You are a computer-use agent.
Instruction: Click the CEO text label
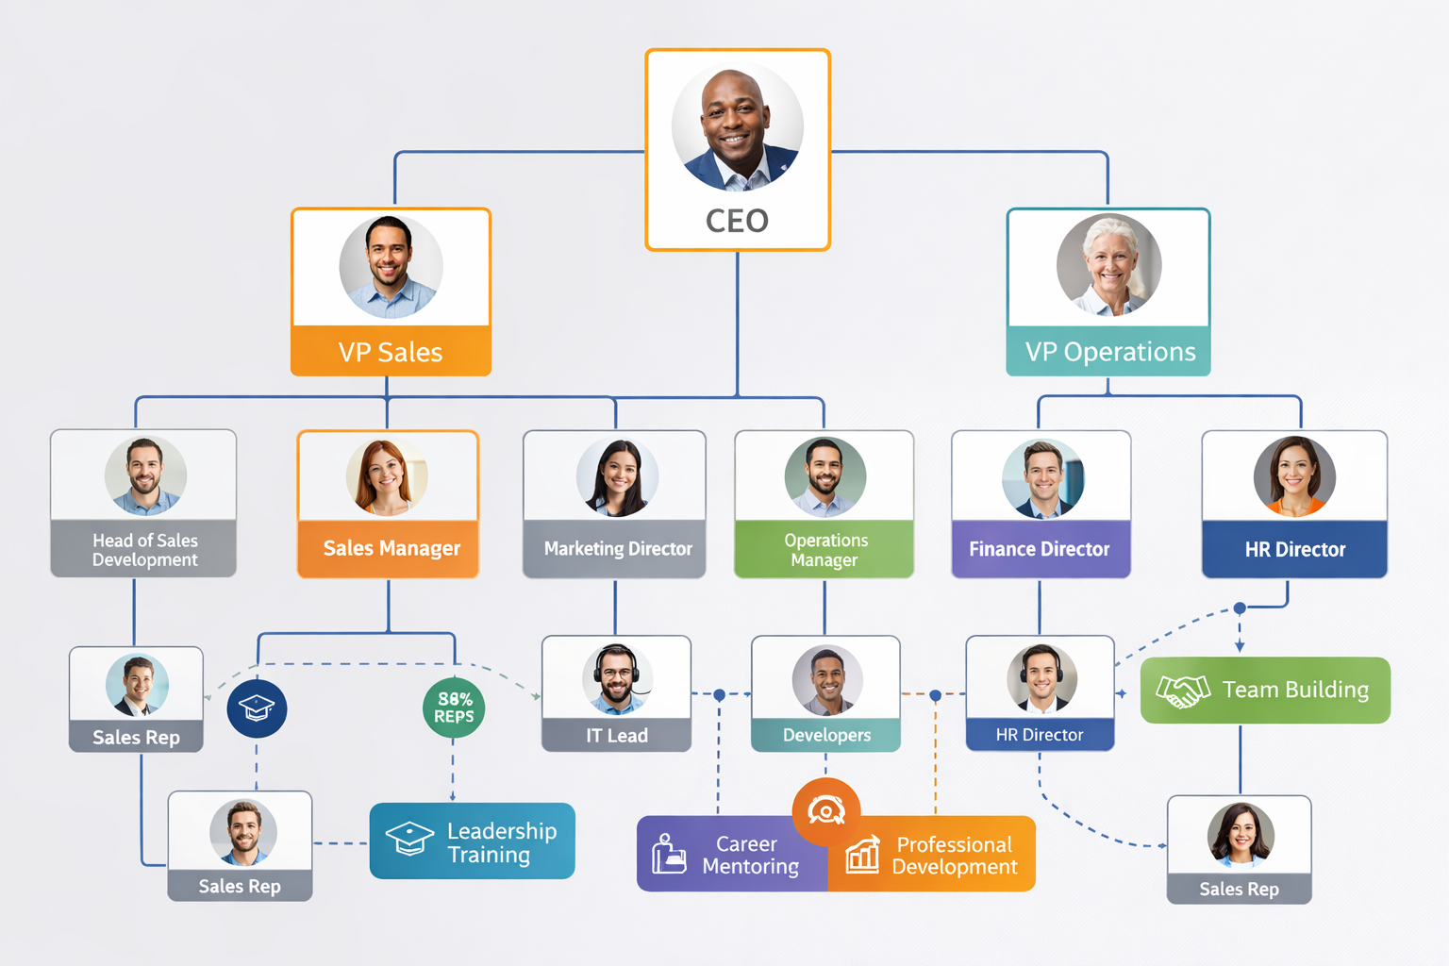coord(737,221)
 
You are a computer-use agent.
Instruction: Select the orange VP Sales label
coord(391,352)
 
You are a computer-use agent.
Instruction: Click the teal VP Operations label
coord(1109,352)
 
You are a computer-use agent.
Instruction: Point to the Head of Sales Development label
coord(144,549)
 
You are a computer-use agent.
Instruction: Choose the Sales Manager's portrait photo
coord(387,476)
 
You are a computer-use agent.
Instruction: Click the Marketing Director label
coord(617,549)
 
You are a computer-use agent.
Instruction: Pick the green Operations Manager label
coord(824,549)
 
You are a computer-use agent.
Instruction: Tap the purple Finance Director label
coord(1040,549)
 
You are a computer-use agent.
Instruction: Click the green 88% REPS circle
coord(454,708)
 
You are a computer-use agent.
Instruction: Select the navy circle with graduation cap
coord(257,708)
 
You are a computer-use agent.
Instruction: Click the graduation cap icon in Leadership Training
coord(409,839)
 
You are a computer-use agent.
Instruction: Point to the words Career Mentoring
coord(749,855)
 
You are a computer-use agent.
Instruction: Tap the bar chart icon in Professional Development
coord(862,854)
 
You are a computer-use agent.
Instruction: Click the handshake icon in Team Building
coord(1183,691)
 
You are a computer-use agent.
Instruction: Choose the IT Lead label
coord(617,736)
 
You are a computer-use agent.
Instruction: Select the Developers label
coord(826,736)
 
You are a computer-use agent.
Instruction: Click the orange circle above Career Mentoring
coord(826,810)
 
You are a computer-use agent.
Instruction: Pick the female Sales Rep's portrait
coord(1241,835)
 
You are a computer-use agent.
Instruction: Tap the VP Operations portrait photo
coord(1109,265)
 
